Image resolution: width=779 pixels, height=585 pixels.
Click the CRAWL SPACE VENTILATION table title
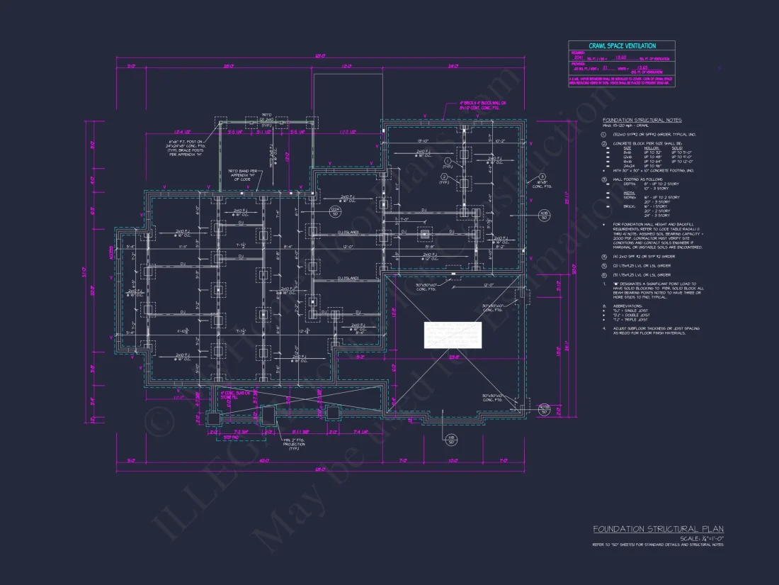pos(621,45)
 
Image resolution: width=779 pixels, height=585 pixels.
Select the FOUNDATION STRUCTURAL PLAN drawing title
pos(658,529)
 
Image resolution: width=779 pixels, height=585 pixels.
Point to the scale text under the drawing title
pos(701,538)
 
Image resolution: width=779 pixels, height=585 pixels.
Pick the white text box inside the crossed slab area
pos(453,335)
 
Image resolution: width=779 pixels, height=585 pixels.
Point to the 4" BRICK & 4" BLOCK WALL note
pos(479,105)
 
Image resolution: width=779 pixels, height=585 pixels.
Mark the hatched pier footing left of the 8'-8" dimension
pos(424,234)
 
